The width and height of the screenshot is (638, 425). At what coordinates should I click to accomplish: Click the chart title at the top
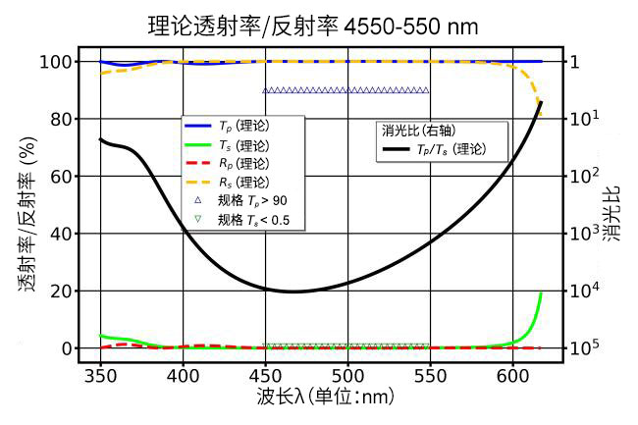tap(312, 27)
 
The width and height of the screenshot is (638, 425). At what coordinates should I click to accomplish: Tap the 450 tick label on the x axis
tap(265, 376)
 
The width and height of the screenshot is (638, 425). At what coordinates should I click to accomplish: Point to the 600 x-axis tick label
tap(512, 376)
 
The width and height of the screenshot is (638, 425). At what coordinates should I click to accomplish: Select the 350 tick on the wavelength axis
tap(100, 376)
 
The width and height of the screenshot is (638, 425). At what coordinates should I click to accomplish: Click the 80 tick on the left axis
tap(61, 119)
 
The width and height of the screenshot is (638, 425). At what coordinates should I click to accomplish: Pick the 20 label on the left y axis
tap(61, 292)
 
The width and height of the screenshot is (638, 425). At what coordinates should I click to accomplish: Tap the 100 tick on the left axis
tap(56, 62)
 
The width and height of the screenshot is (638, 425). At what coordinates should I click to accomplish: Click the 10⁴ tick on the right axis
tap(584, 290)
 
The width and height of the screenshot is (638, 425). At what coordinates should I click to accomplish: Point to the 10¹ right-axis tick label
tap(584, 118)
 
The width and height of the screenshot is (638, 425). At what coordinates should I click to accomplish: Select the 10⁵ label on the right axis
tap(584, 346)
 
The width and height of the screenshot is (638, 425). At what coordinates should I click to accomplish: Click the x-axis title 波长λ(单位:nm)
tap(326, 397)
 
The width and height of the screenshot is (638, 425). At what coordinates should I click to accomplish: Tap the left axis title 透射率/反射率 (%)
tap(27, 214)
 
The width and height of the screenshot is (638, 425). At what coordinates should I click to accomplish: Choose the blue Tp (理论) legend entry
tap(227, 126)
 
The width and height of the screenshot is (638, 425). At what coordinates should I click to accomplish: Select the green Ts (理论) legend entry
tap(227, 145)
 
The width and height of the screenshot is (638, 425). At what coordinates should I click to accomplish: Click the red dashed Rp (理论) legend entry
tap(227, 163)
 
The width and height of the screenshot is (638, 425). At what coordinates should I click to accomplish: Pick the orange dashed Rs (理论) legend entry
tap(227, 182)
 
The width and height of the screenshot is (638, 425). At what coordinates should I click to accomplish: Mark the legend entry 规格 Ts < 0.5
tap(241, 220)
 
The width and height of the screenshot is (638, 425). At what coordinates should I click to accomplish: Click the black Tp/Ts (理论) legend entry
tap(435, 149)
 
